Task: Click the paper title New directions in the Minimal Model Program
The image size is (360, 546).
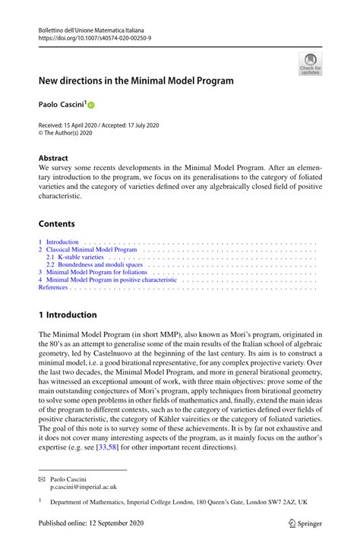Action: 136,80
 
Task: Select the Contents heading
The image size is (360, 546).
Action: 57,224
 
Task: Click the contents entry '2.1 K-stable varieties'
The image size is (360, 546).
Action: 74,257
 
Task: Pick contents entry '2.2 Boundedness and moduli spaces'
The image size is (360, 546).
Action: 94,265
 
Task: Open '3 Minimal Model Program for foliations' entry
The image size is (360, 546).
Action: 93,273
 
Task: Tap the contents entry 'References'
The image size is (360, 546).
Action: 53,288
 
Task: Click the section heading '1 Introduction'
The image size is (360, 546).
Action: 68,314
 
